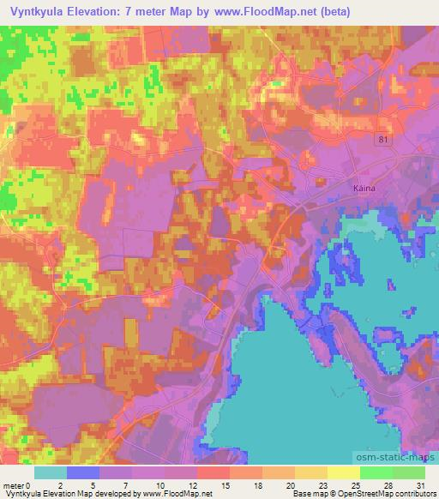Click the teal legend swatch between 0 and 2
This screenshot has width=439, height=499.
coord(50,472)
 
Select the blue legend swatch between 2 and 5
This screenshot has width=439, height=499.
coord(82,472)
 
